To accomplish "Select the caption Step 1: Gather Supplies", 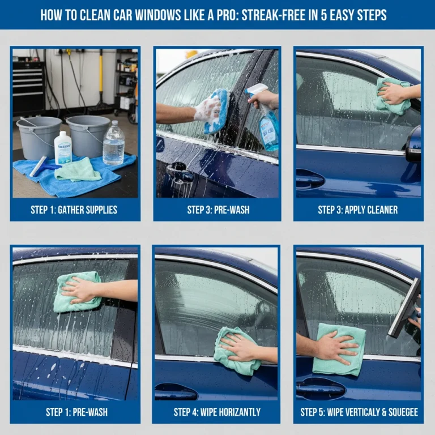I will click(74, 210).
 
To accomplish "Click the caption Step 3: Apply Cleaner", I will click(357, 210).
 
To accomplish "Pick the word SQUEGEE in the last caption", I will click(402, 412).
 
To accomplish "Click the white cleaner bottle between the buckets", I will click(63, 147).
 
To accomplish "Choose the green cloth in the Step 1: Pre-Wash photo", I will click(77, 292).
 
